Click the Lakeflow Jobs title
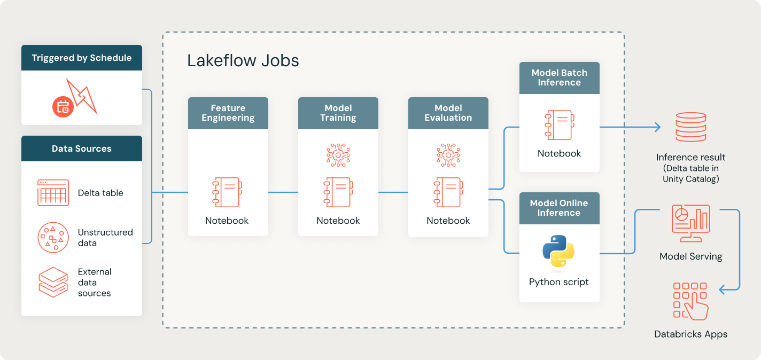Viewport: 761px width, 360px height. pyautogui.click(x=243, y=60)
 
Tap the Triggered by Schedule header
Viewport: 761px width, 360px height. pyautogui.click(x=82, y=58)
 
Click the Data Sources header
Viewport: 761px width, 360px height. pyautogui.click(x=82, y=148)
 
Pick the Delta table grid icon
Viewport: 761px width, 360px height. pyautogui.click(x=53, y=193)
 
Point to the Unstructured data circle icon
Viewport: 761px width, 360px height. pyautogui.click(x=53, y=237)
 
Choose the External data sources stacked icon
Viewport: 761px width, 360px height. pyautogui.click(x=53, y=282)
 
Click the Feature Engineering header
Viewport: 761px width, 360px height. pyautogui.click(x=228, y=113)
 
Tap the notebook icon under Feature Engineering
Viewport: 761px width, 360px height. pyautogui.click(x=227, y=192)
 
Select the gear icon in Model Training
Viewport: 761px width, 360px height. pyautogui.click(x=338, y=155)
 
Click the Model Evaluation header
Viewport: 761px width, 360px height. pyautogui.click(x=448, y=113)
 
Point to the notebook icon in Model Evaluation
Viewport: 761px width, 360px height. pyautogui.click(x=448, y=192)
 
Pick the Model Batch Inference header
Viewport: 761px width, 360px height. pyautogui.click(x=560, y=77)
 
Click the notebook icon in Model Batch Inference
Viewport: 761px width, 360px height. pyautogui.click(x=559, y=126)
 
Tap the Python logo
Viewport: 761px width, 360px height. pyautogui.click(x=558, y=251)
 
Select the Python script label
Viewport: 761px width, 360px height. pyautogui.click(x=559, y=282)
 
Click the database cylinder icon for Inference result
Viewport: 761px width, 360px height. pyautogui.click(x=691, y=127)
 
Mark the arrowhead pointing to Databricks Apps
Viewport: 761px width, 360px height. pyautogui.click(x=722, y=290)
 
